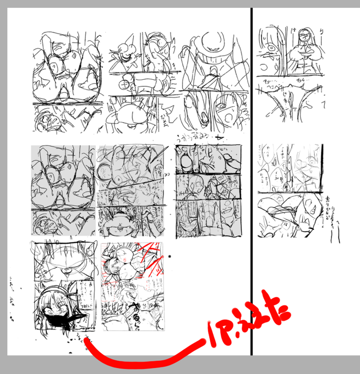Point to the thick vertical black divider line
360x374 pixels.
tap(252, 182)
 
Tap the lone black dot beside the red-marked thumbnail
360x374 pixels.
tap(170, 256)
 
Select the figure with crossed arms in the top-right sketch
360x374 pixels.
tap(303, 50)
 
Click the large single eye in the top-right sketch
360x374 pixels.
tap(272, 48)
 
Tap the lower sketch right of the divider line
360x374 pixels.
tap(290, 190)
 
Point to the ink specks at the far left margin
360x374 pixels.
tap(12, 297)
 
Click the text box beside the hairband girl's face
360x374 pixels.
tap(85, 300)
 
